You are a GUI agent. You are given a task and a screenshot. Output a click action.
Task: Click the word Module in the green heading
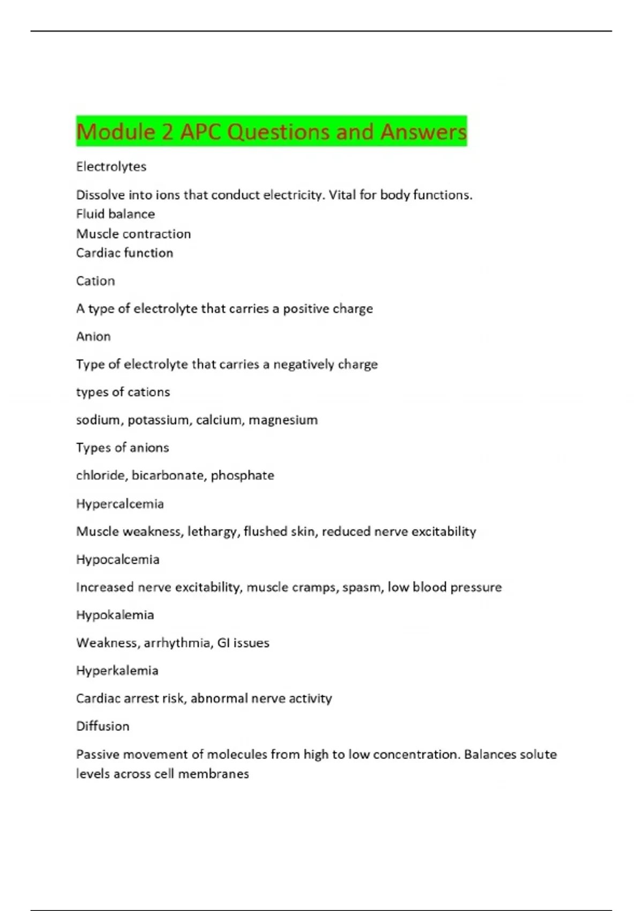pyautogui.click(x=115, y=132)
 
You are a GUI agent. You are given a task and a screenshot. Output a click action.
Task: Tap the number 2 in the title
pyautogui.click(x=167, y=132)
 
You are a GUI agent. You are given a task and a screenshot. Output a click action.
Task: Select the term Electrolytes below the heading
pyautogui.click(x=111, y=167)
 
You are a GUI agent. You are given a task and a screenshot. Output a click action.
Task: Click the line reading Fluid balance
pyautogui.click(x=115, y=214)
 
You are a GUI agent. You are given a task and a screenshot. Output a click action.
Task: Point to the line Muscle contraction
pyautogui.click(x=133, y=234)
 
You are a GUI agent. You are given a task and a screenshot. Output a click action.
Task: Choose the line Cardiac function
pyautogui.click(x=124, y=253)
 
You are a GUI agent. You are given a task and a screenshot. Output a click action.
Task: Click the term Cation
pyautogui.click(x=95, y=281)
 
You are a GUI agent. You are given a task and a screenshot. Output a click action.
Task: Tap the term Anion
pyautogui.click(x=93, y=337)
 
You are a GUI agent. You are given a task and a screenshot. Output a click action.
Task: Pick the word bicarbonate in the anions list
pyautogui.click(x=167, y=476)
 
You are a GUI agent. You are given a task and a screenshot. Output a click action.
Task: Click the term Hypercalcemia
pyautogui.click(x=119, y=504)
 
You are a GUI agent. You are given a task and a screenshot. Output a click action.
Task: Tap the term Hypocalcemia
pyautogui.click(x=117, y=559)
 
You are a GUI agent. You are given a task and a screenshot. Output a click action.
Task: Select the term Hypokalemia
pyautogui.click(x=115, y=615)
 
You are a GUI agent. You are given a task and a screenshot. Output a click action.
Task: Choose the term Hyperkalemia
pyautogui.click(x=117, y=671)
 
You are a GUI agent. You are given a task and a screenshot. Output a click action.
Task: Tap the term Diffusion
pyautogui.click(x=102, y=727)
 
